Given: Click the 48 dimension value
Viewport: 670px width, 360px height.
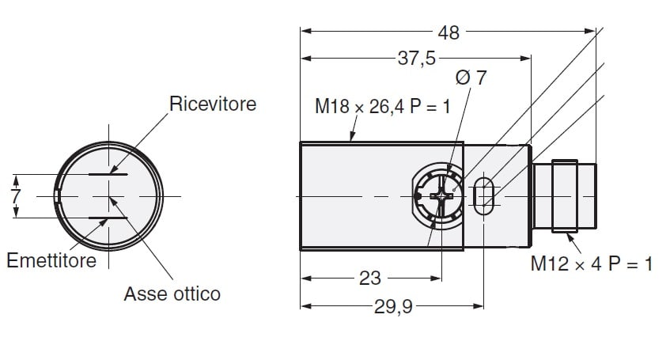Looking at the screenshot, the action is pyautogui.click(x=449, y=32).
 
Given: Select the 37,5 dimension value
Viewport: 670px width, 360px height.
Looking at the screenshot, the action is pyautogui.click(x=417, y=58).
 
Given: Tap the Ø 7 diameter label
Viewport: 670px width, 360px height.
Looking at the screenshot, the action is pyautogui.click(x=471, y=78).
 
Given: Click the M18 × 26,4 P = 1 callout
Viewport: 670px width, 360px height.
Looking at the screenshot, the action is pyautogui.click(x=382, y=107).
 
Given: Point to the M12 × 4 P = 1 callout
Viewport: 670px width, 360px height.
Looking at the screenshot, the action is pyautogui.click(x=592, y=263).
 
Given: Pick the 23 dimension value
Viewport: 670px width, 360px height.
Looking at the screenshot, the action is pyautogui.click(x=369, y=279).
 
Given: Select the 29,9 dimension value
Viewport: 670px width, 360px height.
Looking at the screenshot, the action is pyautogui.click(x=393, y=306).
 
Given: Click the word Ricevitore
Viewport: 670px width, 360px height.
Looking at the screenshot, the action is pyautogui.click(x=213, y=104).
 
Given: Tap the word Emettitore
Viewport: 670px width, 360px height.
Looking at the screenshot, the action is pyautogui.click(x=51, y=260).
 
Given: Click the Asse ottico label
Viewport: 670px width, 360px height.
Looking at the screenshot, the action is pyautogui.click(x=172, y=294).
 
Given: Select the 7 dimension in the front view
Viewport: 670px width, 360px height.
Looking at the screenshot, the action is pyautogui.click(x=16, y=196).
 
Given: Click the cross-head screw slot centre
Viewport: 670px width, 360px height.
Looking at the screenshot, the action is pyautogui.click(x=441, y=196).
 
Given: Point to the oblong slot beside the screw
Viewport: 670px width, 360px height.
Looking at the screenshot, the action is pyautogui.click(x=483, y=196).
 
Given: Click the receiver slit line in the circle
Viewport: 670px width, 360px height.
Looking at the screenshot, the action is pyautogui.click(x=108, y=174).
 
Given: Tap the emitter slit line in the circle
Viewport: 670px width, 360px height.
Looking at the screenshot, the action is pyautogui.click(x=108, y=218).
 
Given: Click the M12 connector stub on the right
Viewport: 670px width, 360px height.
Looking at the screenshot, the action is pyautogui.click(x=565, y=196).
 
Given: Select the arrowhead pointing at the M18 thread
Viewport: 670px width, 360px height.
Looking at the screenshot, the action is pyautogui.click(x=353, y=135).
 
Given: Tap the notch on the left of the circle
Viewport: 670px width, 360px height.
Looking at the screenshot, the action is pyautogui.click(x=57, y=196).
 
